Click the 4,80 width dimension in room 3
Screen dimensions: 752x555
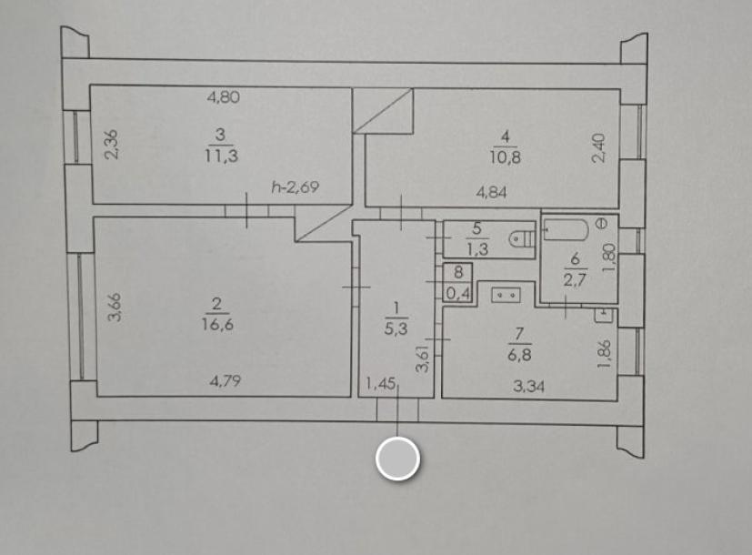click(223, 97)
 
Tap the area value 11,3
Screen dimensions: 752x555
click(222, 156)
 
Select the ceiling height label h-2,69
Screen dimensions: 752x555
click(295, 187)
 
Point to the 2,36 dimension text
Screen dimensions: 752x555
click(111, 145)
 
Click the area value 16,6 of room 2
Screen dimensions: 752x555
click(217, 325)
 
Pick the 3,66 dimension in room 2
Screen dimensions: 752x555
click(115, 307)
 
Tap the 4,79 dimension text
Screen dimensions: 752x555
click(226, 381)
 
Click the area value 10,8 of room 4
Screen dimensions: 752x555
click(506, 157)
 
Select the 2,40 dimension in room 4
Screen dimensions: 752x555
click(598, 148)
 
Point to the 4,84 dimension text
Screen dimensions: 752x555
click(492, 193)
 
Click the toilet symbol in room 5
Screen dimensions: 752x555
click(521, 238)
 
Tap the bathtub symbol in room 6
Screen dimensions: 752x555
click(567, 230)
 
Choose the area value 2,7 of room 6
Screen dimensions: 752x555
click(575, 279)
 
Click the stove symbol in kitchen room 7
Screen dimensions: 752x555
click(506, 295)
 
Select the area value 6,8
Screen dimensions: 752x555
click(519, 356)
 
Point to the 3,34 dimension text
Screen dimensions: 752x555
click(528, 386)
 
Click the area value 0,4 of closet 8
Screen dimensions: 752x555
click(458, 292)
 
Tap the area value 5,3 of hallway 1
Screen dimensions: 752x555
click(396, 328)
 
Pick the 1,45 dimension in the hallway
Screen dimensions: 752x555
click(380, 384)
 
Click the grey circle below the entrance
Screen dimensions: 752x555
click(398, 459)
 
